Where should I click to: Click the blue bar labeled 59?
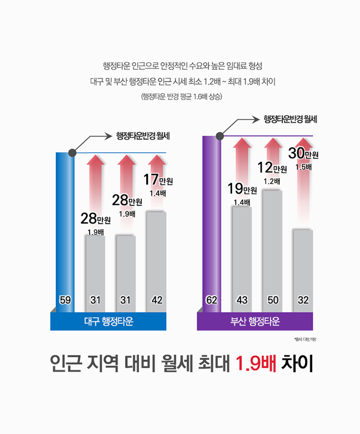(65, 231)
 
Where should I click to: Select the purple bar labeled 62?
(212, 222)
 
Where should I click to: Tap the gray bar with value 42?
(156, 259)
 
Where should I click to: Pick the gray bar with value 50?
(272, 245)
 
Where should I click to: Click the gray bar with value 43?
(242, 254)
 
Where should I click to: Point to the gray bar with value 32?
(303, 268)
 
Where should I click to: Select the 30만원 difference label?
(303, 153)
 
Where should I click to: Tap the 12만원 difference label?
(272, 167)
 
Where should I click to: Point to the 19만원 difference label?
(242, 189)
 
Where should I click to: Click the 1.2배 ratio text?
(272, 181)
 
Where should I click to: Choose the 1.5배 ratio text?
(303, 167)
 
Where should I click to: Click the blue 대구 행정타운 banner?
(108, 321)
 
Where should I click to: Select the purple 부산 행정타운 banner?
(255, 321)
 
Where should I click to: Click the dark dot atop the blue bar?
(72, 152)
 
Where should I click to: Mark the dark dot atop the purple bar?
(220, 136)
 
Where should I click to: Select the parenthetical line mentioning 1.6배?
(182, 97)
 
